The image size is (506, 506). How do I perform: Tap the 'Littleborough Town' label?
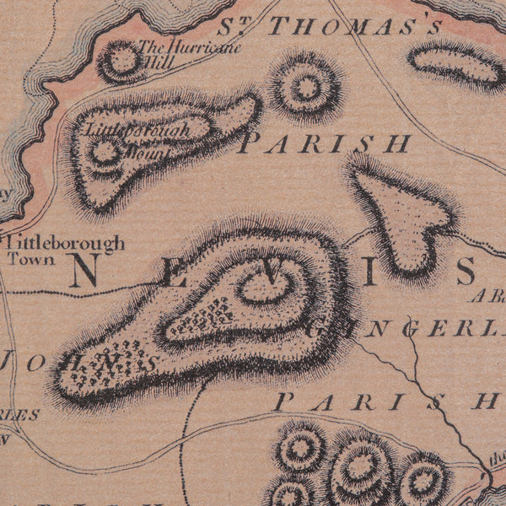click(x=65, y=250)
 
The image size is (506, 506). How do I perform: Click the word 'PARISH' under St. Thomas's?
click(x=326, y=143)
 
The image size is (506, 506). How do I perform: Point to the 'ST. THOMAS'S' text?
click(x=331, y=26)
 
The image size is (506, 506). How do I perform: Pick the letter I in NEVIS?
click(x=368, y=271)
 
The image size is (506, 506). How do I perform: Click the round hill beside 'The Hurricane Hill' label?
click(x=121, y=60)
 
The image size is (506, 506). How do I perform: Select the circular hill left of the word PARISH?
click(x=305, y=85)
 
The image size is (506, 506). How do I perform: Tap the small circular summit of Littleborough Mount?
click(x=105, y=153)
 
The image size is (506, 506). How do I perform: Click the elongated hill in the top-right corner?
click(x=456, y=62)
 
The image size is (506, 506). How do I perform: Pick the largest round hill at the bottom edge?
click(x=360, y=468)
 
